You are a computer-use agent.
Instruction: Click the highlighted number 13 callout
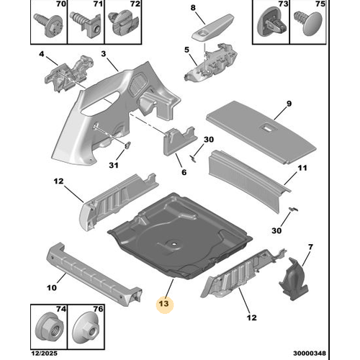(164, 304)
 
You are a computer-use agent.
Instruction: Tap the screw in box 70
(49, 25)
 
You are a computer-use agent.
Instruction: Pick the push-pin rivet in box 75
(308, 23)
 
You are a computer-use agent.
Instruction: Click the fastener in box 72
(123, 23)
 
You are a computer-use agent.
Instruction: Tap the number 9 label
(289, 104)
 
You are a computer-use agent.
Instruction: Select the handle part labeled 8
(212, 27)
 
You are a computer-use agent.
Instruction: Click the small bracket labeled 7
(293, 279)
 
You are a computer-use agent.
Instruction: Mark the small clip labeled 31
(128, 145)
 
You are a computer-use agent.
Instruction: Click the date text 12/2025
(45, 354)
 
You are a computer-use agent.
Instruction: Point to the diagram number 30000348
(310, 354)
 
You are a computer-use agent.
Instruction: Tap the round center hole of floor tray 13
(174, 244)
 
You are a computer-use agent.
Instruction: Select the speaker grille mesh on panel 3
(138, 83)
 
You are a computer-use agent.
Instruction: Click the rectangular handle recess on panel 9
(268, 127)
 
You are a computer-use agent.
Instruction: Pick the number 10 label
(52, 287)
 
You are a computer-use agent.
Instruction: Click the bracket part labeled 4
(69, 74)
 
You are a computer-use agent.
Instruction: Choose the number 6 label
(184, 172)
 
